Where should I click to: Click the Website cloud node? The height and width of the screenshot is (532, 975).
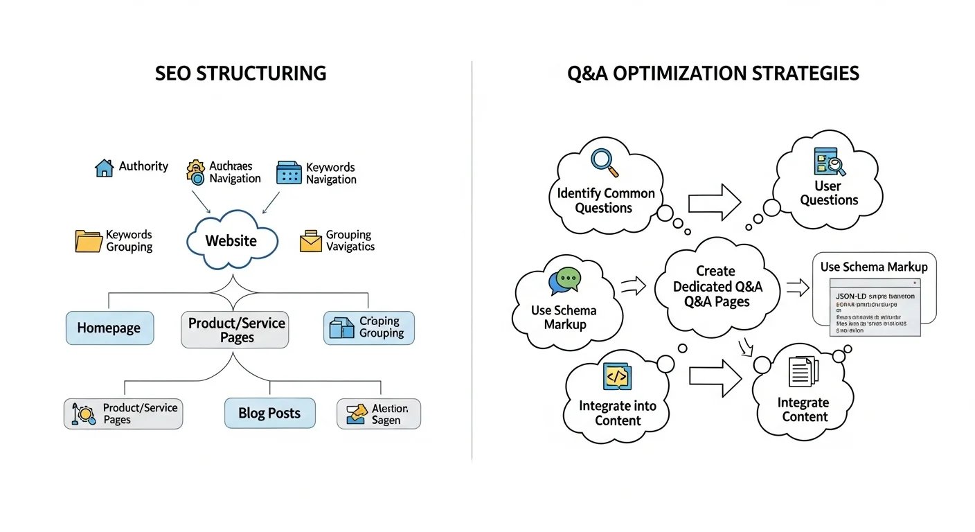[231, 241]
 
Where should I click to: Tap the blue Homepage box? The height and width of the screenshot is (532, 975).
[109, 328]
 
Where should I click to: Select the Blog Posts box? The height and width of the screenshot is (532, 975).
[269, 413]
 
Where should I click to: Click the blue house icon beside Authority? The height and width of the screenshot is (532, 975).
[104, 168]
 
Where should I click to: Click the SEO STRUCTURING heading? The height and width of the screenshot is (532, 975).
[240, 73]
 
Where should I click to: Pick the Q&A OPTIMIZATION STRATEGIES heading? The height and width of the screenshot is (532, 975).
[713, 73]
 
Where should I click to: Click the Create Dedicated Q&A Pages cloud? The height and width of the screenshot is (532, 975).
[717, 286]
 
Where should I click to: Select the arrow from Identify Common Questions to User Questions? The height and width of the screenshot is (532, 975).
[714, 202]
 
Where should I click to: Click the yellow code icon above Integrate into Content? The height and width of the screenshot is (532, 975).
[616, 375]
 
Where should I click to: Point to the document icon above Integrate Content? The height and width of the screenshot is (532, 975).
[803, 371]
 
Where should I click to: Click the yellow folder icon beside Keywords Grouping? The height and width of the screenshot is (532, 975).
[88, 241]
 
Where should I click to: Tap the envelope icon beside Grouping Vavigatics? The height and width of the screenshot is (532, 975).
[311, 241]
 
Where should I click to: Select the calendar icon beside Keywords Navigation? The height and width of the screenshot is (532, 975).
[289, 173]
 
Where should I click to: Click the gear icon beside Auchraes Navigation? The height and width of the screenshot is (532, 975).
[196, 172]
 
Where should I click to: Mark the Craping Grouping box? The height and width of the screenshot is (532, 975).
[369, 328]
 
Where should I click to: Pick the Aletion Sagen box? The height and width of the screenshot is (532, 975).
[379, 414]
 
